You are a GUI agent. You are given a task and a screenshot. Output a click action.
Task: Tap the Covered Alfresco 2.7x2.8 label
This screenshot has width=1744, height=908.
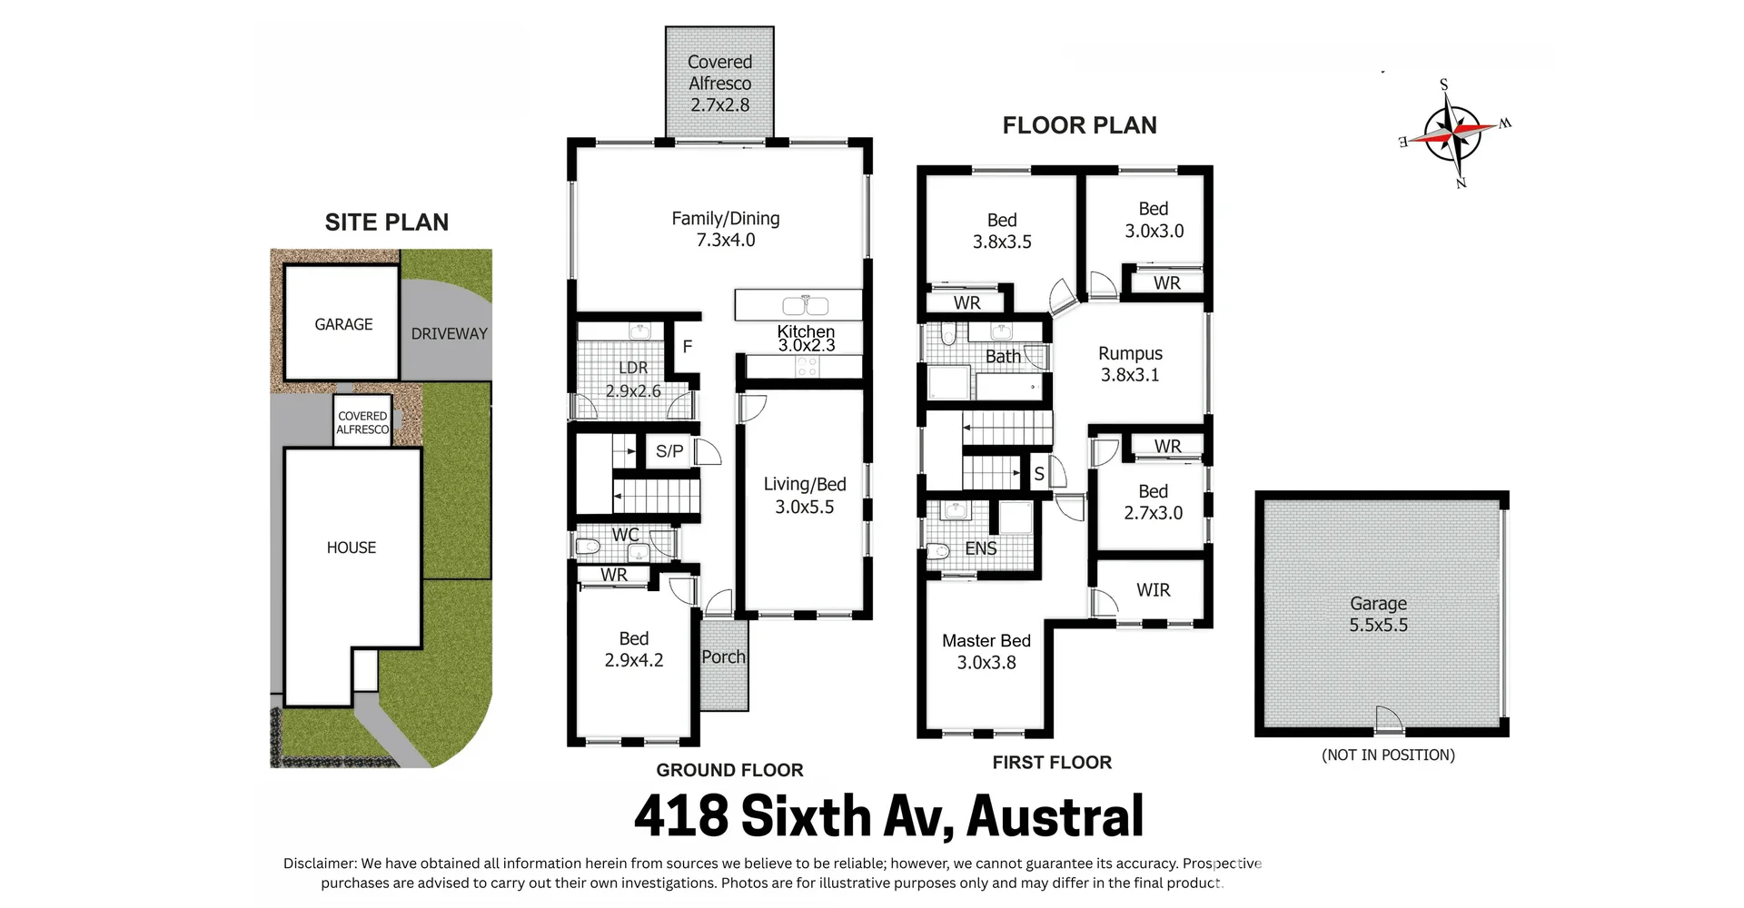(719, 83)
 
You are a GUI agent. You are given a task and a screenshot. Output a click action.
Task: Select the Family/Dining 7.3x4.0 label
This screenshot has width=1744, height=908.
(725, 229)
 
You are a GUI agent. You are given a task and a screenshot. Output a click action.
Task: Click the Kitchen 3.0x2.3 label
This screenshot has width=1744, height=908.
(806, 338)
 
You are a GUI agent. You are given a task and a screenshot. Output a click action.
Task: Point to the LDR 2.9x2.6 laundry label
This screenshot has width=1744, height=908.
(633, 379)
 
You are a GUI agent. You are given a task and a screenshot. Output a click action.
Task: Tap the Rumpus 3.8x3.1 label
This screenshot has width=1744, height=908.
(1130, 364)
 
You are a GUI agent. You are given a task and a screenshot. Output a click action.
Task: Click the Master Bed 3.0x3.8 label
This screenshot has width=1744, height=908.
(986, 651)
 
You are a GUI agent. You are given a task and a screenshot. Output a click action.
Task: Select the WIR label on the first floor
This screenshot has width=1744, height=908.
(1153, 590)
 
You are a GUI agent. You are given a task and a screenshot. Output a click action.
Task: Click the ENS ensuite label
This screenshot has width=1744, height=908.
(980, 548)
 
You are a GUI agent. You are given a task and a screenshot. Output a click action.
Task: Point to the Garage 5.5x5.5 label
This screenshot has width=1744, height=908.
(1378, 614)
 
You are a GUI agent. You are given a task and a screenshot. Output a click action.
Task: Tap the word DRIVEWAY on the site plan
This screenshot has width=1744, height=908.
(449, 333)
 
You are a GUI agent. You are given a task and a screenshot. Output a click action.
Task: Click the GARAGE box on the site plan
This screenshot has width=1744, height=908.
(342, 324)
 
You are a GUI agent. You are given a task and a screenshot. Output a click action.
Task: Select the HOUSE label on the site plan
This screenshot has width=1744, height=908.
(351, 548)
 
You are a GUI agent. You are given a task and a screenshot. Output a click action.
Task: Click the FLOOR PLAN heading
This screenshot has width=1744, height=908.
(1079, 125)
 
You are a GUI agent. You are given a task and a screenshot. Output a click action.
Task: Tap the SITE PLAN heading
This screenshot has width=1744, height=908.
(386, 222)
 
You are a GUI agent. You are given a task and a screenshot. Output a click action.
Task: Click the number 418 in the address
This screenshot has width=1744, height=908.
(680, 816)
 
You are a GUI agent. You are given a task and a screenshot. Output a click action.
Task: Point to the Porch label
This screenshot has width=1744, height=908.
(723, 656)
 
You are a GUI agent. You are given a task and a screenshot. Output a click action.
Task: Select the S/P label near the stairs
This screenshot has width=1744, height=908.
(669, 451)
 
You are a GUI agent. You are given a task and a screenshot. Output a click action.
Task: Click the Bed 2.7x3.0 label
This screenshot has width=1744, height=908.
(1153, 501)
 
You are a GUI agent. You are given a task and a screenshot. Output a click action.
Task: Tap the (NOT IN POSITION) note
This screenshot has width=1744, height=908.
(1387, 755)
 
